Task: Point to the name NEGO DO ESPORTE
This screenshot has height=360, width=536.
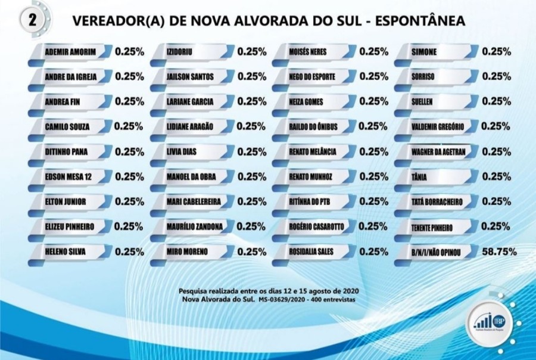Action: (x=313, y=77)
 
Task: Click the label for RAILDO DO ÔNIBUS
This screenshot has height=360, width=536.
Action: (x=315, y=127)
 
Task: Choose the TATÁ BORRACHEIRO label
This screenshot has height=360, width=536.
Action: (x=437, y=202)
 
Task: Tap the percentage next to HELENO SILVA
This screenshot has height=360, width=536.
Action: (x=129, y=252)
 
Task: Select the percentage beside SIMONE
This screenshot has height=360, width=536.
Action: (x=497, y=51)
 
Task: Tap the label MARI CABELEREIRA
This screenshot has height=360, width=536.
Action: (x=194, y=202)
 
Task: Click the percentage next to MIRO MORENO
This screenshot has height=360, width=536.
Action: (x=252, y=252)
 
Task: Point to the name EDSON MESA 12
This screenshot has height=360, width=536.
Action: (x=67, y=177)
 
